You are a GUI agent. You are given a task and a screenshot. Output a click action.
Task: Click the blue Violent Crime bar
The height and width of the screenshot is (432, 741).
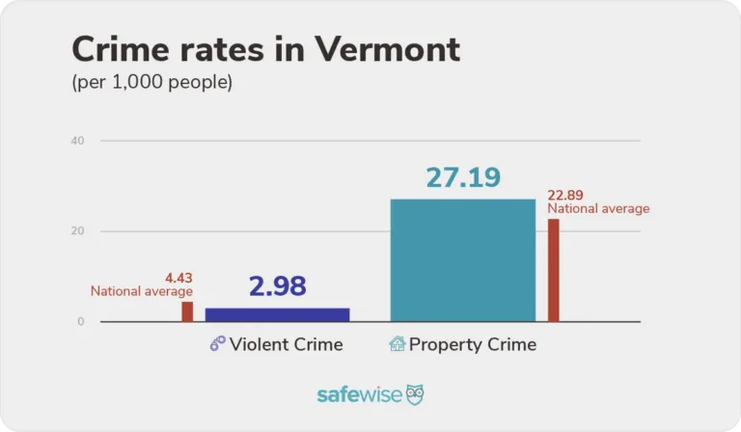click(278, 314)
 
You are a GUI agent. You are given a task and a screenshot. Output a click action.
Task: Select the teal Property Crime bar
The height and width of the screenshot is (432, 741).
click(462, 260)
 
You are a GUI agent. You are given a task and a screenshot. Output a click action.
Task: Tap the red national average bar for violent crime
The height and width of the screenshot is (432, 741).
click(187, 311)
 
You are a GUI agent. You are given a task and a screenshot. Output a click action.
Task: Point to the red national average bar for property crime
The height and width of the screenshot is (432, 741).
click(553, 270)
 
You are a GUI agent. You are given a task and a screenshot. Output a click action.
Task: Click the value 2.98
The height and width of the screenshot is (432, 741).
click(277, 286)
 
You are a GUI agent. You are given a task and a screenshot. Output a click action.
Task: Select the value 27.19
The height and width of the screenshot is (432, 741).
click(462, 178)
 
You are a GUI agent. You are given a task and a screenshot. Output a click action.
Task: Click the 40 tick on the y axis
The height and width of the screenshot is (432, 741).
click(77, 141)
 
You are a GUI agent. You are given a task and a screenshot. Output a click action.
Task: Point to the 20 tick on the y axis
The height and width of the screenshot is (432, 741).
click(77, 231)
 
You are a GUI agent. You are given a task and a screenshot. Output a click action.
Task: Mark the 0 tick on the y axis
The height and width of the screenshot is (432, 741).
click(81, 322)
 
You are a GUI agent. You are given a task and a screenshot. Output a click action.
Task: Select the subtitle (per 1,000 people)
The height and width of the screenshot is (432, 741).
click(151, 83)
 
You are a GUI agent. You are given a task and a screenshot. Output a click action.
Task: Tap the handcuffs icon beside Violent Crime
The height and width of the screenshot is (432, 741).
click(217, 344)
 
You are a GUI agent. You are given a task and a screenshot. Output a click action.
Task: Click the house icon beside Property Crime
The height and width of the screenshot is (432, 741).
click(397, 344)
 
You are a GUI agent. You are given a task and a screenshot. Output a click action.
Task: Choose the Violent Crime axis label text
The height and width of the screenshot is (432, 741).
click(287, 344)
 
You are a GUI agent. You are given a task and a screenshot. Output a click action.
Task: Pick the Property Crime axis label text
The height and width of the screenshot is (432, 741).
click(473, 344)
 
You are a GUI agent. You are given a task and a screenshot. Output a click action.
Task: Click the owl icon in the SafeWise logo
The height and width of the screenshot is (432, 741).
click(415, 394)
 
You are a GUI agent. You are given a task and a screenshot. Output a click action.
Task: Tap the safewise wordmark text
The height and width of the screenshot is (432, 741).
click(360, 395)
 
